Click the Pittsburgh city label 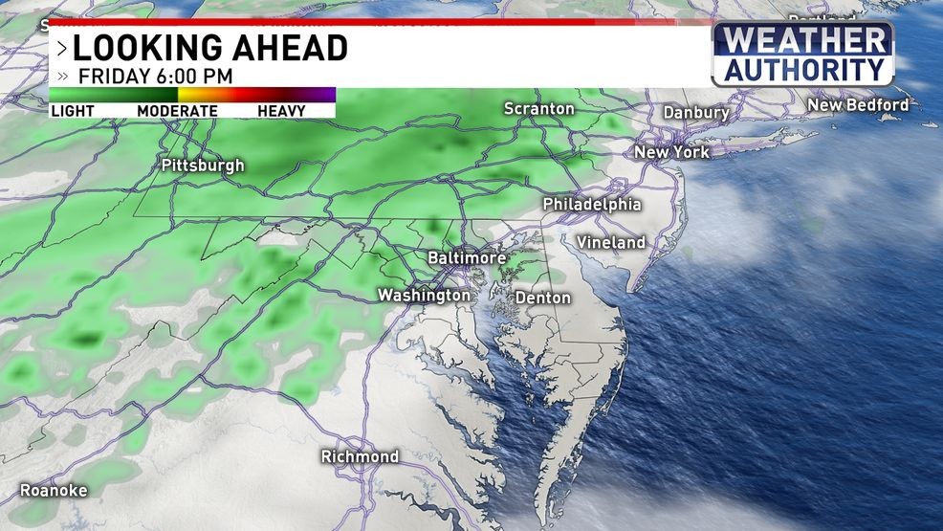pos(203,166)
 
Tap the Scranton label pos(539,109)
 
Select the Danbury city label pos(696,113)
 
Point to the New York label pos(671,152)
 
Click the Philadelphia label pos(591,205)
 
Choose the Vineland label pos(611,243)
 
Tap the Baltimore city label pos(466,258)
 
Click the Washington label pos(425,296)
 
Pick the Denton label pos(542,298)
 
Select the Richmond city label pos(360,456)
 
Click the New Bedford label pos(858,104)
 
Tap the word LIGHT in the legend pos(73,111)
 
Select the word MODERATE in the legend pos(177,111)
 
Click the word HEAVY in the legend pos(281,111)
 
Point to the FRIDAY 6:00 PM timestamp pos(156,76)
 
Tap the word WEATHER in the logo pos(804,41)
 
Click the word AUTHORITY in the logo pos(804,69)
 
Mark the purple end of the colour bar pos(323,94)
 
